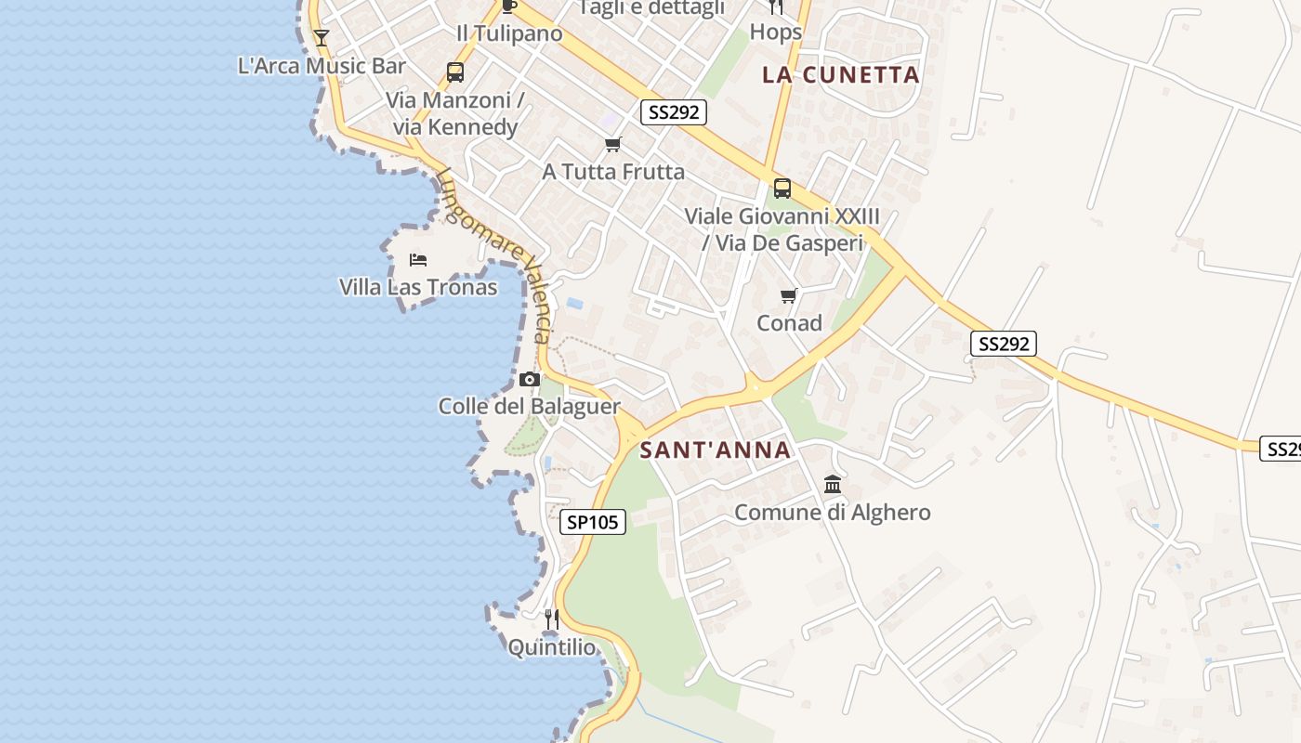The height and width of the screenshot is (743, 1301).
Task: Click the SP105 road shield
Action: click(x=593, y=522)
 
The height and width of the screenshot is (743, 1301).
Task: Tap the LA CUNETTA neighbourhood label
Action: click(x=841, y=75)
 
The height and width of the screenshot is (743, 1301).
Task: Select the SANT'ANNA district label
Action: click(x=716, y=450)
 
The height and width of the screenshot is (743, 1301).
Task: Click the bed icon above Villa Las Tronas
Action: click(x=418, y=259)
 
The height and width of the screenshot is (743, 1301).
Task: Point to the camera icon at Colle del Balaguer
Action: click(x=530, y=379)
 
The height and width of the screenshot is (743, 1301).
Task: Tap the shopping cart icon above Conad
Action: click(x=789, y=296)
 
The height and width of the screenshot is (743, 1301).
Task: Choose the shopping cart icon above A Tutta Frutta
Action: click(x=612, y=145)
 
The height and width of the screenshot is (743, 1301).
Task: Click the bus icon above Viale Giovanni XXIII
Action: click(x=782, y=189)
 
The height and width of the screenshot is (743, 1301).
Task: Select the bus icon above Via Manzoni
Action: click(x=454, y=72)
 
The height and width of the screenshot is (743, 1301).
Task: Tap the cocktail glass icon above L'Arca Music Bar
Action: click(x=322, y=38)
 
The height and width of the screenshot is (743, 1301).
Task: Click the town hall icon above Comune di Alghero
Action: click(x=833, y=485)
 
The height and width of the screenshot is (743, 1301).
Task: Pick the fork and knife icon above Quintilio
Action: click(x=551, y=619)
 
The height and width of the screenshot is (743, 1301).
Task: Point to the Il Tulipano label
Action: click(x=509, y=33)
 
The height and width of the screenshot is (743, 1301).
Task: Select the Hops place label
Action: click(x=775, y=32)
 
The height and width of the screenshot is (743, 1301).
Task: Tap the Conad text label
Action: click(x=789, y=323)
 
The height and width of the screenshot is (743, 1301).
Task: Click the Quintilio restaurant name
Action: click(x=552, y=647)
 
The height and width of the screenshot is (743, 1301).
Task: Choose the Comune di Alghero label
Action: click(x=833, y=512)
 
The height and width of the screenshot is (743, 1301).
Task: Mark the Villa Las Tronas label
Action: click(x=418, y=287)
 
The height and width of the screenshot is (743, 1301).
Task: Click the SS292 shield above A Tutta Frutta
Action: click(x=674, y=112)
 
